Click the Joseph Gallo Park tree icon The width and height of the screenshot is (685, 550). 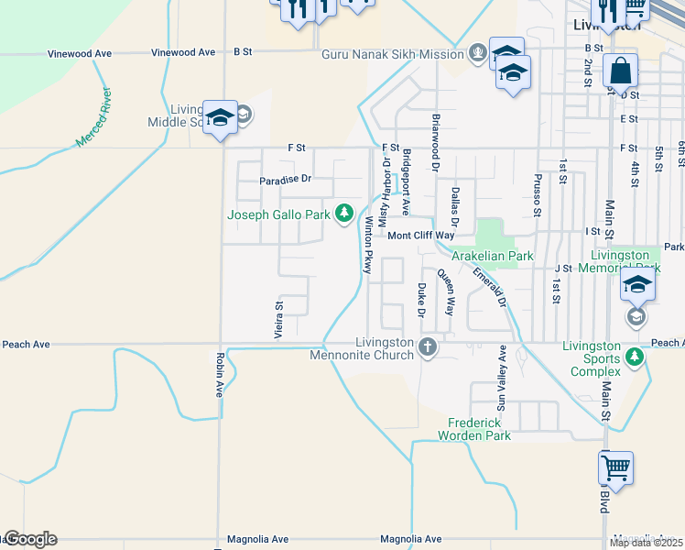[x=344, y=214]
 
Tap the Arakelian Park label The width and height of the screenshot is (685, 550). [x=493, y=257]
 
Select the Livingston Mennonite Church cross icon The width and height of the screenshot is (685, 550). [x=427, y=346]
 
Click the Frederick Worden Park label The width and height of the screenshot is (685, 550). [x=479, y=429]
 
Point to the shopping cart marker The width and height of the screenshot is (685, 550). [x=616, y=468]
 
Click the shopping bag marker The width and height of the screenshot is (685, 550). [x=620, y=71]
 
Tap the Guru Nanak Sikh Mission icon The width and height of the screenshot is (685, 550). [x=477, y=54]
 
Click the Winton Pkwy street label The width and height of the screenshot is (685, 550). [x=368, y=246]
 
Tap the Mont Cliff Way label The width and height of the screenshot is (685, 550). [x=421, y=236]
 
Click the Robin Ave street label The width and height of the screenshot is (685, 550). [x=220, y=375]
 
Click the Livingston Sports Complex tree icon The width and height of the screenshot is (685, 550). [x=635, y=357]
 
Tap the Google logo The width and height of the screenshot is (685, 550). [x=29, y=539]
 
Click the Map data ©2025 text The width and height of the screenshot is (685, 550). [x=645, y=543]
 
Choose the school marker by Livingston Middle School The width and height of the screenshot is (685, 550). [x=220, y=117]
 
